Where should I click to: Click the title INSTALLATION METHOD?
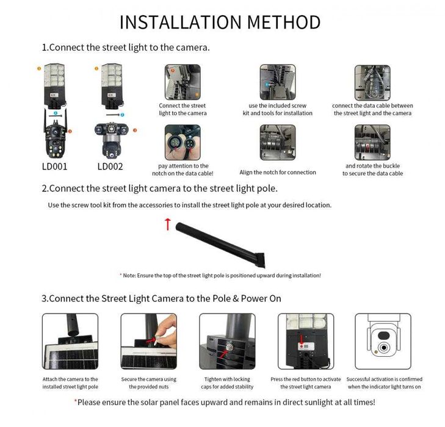point(220,22)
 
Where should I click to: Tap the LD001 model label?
point(54,166)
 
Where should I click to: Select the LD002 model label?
point(110,166)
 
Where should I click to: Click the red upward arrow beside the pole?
point(168,224)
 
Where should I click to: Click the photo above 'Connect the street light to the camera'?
point(183,82)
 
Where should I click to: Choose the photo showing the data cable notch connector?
point(183,142)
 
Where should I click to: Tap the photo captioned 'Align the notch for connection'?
point(277,142)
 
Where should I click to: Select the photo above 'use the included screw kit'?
point(277,82)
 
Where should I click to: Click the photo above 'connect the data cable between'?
point(372,82)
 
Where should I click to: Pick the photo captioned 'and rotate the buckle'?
point(372,142)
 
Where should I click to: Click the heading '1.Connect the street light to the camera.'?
point(126,47)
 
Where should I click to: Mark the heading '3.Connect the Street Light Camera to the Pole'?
point(161,298)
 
